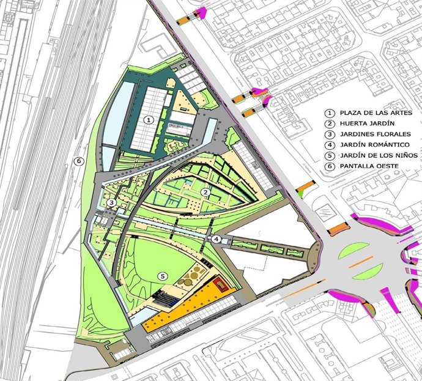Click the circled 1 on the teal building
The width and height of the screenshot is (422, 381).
147,121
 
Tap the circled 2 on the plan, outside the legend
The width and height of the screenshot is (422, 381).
207,192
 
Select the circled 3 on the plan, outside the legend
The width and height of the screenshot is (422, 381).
111,202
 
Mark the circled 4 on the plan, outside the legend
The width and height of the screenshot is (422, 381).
217,239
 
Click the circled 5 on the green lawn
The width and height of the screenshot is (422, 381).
162,276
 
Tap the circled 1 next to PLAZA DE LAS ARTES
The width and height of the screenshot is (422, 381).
328,113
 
